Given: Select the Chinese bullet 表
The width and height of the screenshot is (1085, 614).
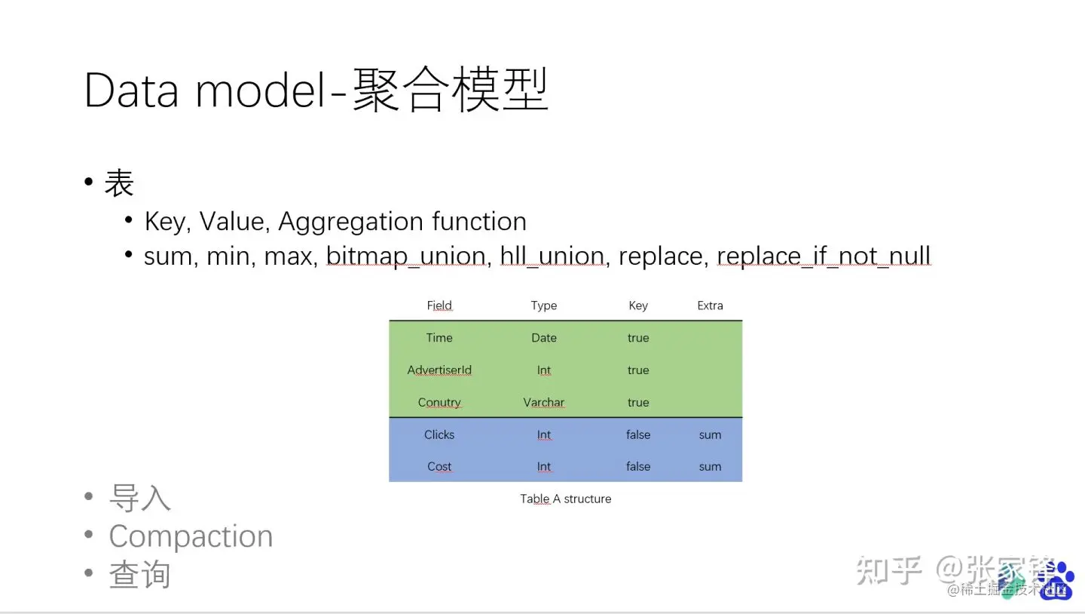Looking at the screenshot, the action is [119, 183].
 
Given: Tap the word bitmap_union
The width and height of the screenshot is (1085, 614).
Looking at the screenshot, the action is [405, 256].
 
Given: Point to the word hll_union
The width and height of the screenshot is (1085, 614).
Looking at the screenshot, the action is [552, 256].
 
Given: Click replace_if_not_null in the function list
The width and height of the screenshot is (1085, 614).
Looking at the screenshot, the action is [824, 256].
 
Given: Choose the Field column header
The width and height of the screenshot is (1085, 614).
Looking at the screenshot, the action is [439, 305].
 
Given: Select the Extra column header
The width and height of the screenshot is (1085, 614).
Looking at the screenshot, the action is [710, 305].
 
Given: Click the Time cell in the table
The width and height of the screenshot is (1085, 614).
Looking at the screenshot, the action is [439, 338].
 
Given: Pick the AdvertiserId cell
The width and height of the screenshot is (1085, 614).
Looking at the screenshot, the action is [439, 370].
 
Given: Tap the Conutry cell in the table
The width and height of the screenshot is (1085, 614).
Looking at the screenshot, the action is [439, 403].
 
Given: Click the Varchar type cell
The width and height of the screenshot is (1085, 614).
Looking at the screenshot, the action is [544, 403].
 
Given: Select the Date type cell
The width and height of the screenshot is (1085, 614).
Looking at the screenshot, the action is [544, 338].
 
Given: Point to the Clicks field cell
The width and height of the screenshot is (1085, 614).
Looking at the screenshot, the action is [439, 435].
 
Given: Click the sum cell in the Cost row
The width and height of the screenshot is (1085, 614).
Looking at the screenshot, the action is [710, 467].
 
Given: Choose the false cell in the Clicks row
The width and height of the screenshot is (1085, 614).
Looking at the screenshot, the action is [638, 435].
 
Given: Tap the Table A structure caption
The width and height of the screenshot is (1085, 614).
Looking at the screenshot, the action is [565, 499].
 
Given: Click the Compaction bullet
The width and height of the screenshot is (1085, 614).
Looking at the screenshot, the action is [191, 536].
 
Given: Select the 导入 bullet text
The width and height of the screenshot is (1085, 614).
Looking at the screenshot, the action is [140, 498].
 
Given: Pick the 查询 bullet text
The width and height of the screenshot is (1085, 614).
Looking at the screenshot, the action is [140, 575].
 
